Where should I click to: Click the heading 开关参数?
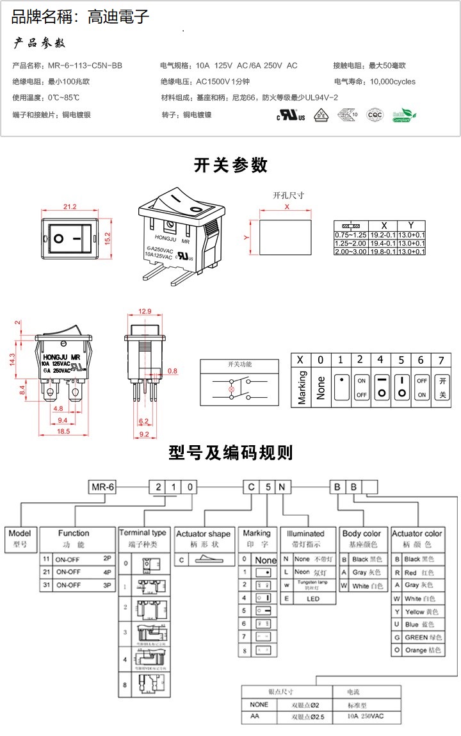tap(230, 165)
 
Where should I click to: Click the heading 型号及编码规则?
tap(230, 453)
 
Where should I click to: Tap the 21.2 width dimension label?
tap(70, 206)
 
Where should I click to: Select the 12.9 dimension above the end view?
tap(145, 311)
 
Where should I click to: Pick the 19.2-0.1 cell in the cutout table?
tap(384, 235)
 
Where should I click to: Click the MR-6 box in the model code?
tap(102, 487)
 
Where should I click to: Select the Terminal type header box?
tap(143, 533)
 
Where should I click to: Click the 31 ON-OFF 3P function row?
tap(77, 585)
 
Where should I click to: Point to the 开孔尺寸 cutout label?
tap(288, 195)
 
